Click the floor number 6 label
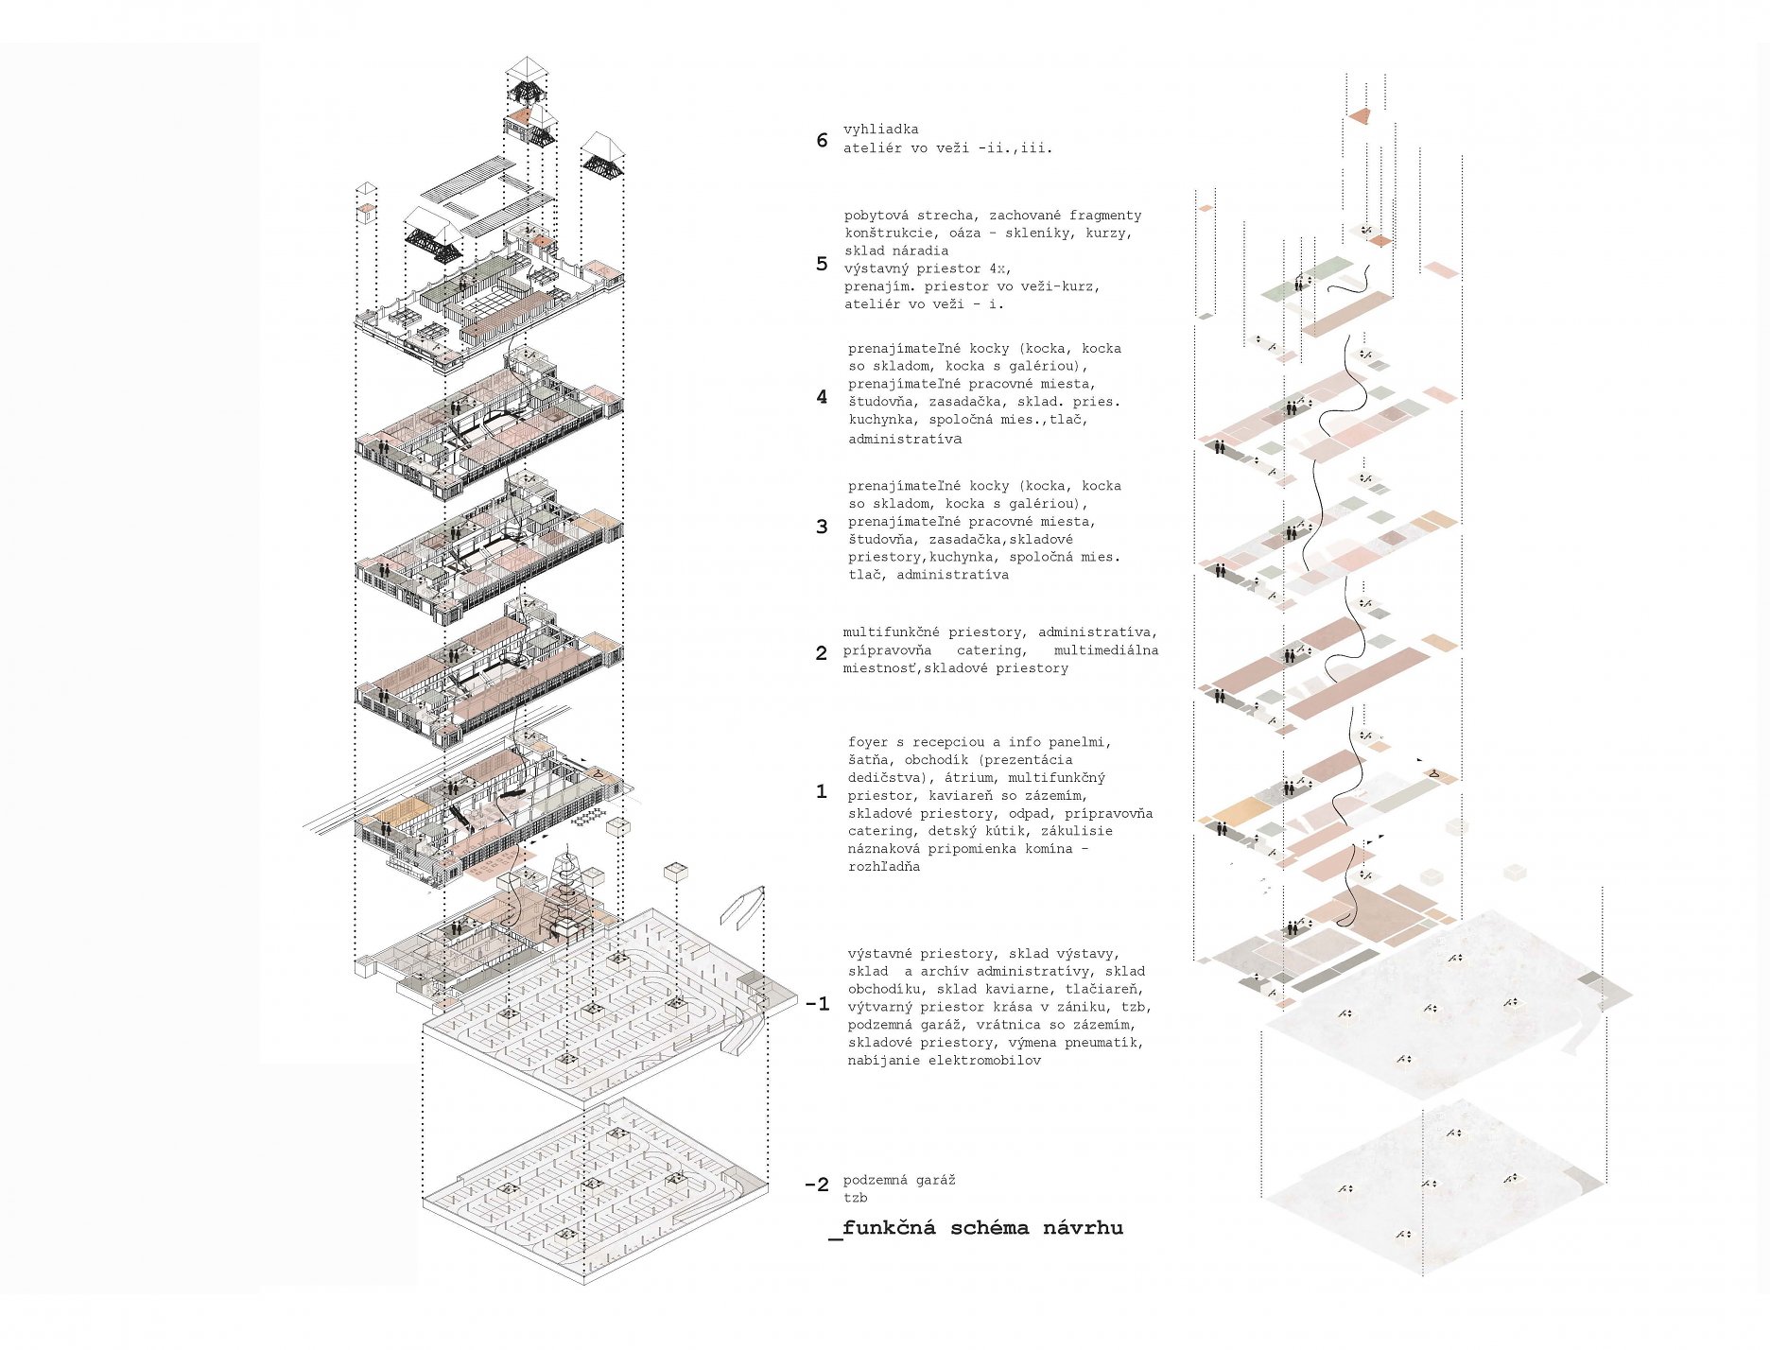pyautogui.click(x=822, y=141)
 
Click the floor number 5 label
pyautogui.click(x=822, y=264)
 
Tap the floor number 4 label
pyautogui.click(x=822, y=397)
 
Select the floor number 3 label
pyautogui.click(x=822, y=527)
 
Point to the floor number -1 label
pyautogui.click(x=817, y=1004)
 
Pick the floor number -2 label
pyautogui.click(x=816, y=1185)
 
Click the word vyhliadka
pyautogui.click(x=880, y=130)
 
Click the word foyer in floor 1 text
pyautogui.click(x=868, y=742)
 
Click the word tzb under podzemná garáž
pyautogui.click(x=855, y=1199)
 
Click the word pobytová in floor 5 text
pyautogui.click(x=879, y=216)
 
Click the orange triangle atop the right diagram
pyautogui.click(x=1360, y=116)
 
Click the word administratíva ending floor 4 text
pyautogui.click(x=904, y=440)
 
